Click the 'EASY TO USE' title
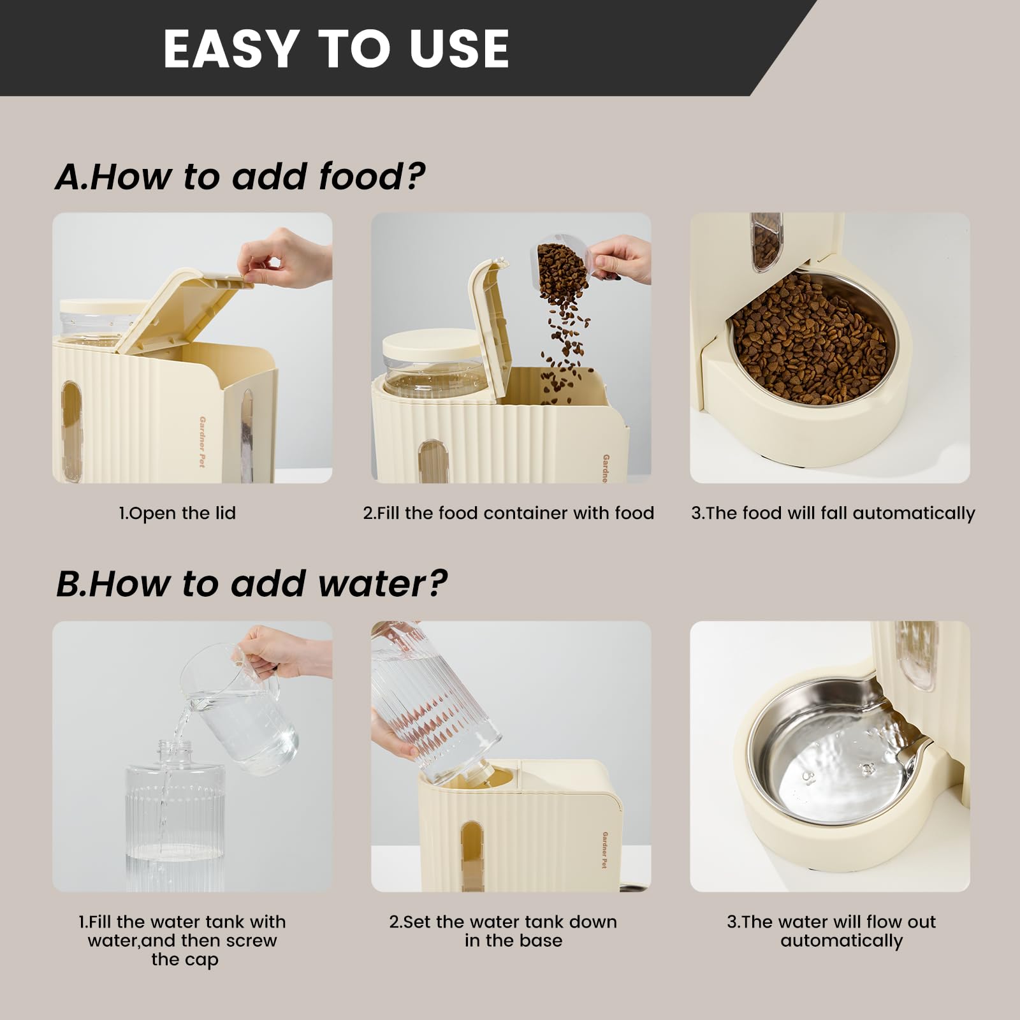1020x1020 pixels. [x=336, y=48]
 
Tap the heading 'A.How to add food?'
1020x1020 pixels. [x=240, y=177]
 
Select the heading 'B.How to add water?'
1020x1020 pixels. [x=251, y=583]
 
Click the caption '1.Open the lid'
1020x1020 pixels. [x=177, y=513]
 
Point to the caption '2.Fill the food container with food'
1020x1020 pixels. [x=509, y=513]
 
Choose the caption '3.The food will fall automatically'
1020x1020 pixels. [x=833, y=514]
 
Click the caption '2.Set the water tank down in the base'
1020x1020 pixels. [x=504, y=931]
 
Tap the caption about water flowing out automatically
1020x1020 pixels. [x=832, y=931]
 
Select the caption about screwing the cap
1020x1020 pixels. [x=182, y=940]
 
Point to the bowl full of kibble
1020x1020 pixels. [x=812, y=338]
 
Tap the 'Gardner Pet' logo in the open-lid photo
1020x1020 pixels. [x=202, y=442]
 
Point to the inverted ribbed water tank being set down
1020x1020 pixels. [x=435, y=701]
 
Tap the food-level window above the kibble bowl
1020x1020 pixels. [x=765, y=240]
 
